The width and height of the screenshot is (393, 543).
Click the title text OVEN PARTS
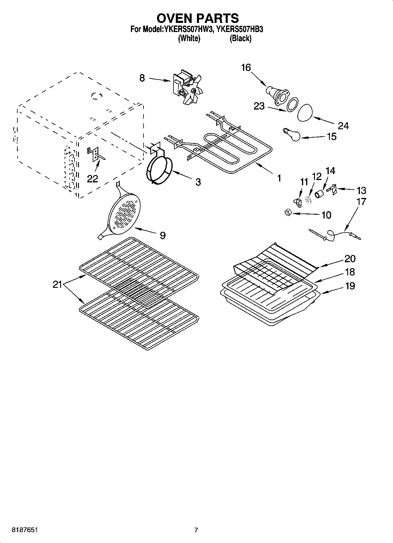pyautogui.click(x=197, y=18)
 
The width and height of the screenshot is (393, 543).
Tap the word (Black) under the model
pyautogui.click(x=240, y=38)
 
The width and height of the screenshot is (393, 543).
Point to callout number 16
pyautogui.click(x=246, y=68)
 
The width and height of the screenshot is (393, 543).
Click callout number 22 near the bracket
pyautogui.click(x=92, y=179)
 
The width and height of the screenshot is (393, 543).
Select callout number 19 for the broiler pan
pyautogui.click(x=350, y=285)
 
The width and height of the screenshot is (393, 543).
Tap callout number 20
pyautogui.click(x=350, y=258)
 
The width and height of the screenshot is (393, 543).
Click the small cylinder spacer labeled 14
pyautogui.click(x=319, y=194)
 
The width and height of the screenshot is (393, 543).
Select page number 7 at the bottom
pyautogui.click(x=196, y=530)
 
